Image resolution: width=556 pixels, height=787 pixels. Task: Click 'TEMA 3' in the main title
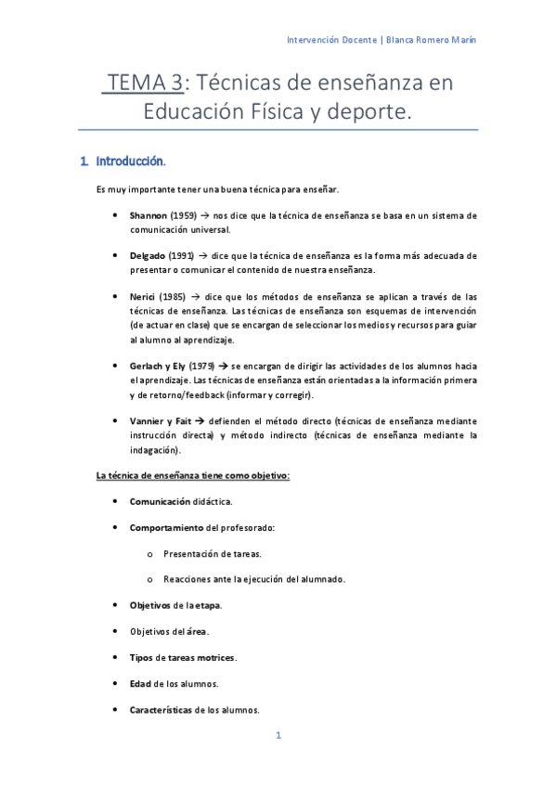pos(143,84)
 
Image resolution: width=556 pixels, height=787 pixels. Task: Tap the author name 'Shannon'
pos(149,215)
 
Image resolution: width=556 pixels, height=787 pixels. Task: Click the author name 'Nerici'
pos(143,296)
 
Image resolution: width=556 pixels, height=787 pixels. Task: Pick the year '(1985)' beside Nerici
pos(174,296)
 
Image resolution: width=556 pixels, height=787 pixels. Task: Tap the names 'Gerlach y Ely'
pos(158,367)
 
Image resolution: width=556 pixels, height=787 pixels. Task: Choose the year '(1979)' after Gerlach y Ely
pos(203,367)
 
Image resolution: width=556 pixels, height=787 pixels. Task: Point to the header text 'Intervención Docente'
pos(331,40)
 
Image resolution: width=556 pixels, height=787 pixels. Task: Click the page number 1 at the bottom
pos(278,736)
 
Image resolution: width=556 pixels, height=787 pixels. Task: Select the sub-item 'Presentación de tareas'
pos(212,553)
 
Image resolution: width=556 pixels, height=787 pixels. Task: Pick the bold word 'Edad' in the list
pos(140,684)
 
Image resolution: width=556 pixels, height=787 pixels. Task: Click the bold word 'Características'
pos(161,710)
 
